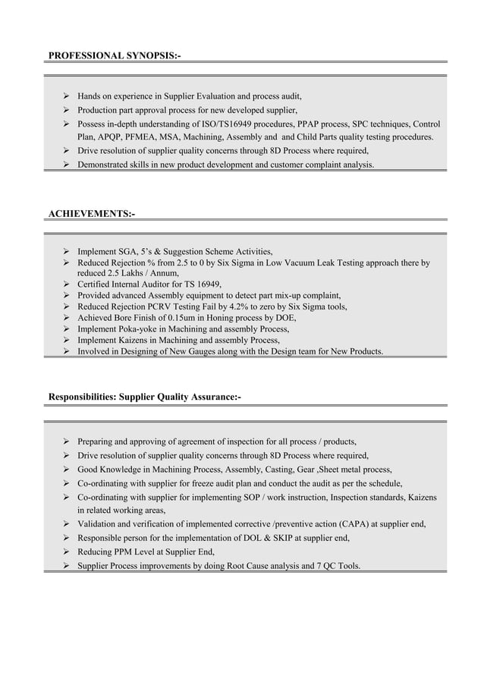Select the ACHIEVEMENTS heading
[x=92, y=215]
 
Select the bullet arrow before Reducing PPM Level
[x=67, y=551]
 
